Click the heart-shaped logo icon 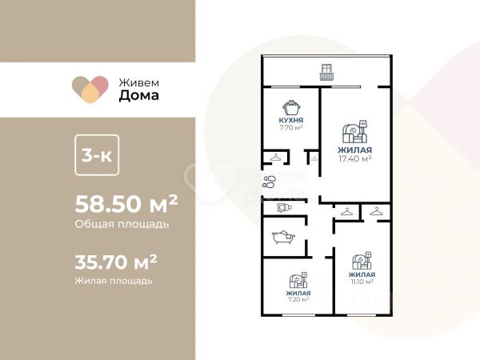pyautogui.click(x=90, y=89)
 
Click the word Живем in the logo pyautogui.click(x=139, y=82)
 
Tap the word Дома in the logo pyautogui.click(x=139, y=95)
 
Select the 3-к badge pyautogui.click(x=97, y=155)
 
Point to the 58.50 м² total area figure pyautogui.click(x=126, y=204)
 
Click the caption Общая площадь pyautogui.click(x=122, y=224)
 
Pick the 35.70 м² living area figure pyautogui.click(x=116, y=262)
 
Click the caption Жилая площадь pyautogui.click(x=114, y=281)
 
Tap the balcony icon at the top pyautogui.click(x=326, y=72)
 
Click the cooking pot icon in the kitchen pyautogui.click(x=291, y=107)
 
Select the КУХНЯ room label pyautogui.click(x=291, y=120)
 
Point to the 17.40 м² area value pyautogui.click(x=354, y=158)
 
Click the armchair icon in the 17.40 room pyautogui.click(x=354, y=132)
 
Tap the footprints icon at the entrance pyautogui.click(x=269, y=182)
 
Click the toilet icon pyautogui.click(x=284, y=208)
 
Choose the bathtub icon pyautogui.click(x=283, y=237)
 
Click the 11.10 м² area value pyautogui.click(x=362, y=282)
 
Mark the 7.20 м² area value pyautogui.click(x=298, y=299)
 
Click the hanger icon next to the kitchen pyautogui.click(x=275, y=158)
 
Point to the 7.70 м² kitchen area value pyautogui.click(x=291, y=128)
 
